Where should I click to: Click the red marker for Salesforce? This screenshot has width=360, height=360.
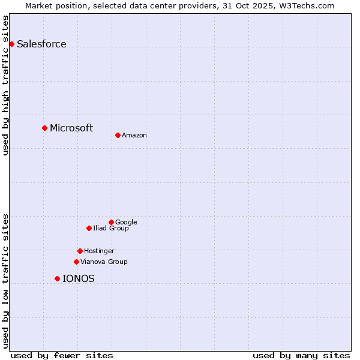click(11, 44)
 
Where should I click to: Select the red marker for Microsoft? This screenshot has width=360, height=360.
click(44, 128)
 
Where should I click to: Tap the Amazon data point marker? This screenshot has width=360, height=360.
click(118, 135)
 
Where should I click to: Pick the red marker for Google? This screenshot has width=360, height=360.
click(111, 222)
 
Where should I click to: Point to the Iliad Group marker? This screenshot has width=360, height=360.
click(89, 228)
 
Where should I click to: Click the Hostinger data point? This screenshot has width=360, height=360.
click(80, 251)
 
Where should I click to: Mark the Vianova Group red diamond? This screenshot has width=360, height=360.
click(76, 262)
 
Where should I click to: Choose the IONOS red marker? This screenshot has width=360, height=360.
click(57, 278)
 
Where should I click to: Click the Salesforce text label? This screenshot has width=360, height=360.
click(41, 44)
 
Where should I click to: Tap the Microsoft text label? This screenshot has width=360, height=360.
click(71, 128)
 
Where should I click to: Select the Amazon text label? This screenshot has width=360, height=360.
click(134, 136)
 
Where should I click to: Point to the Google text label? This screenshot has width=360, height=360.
click(126, 223)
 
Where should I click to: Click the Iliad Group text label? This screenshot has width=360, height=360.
click(111, 229)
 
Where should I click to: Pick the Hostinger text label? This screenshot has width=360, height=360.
click(99, 251)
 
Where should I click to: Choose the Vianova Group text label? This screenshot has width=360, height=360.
click(104, 262)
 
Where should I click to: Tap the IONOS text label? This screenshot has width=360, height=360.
click(79, 278)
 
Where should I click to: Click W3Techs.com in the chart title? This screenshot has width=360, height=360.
click(307, 5)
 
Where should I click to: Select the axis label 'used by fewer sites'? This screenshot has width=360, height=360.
click(62, 355)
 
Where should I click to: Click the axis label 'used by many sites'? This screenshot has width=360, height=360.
click(301, 355)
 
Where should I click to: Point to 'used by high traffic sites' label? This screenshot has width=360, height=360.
click(5, 85)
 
